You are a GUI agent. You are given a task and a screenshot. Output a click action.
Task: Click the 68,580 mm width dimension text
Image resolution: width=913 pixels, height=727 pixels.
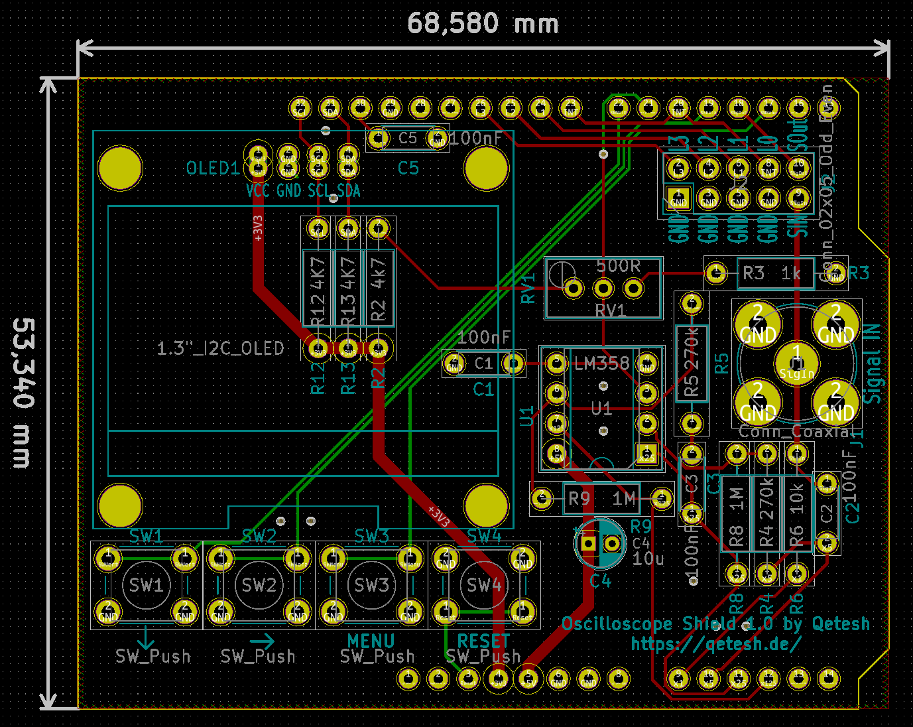click(483, 24)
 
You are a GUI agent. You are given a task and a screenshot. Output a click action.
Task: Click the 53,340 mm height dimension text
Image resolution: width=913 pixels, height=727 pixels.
click(24, 393)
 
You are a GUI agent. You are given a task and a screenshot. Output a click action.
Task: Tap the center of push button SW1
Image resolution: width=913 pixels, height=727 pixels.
click(147, 585)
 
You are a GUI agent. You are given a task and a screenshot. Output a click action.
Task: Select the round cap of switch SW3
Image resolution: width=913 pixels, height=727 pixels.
click(371, 585)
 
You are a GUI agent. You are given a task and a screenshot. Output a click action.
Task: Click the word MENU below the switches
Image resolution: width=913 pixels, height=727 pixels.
click(371, 641)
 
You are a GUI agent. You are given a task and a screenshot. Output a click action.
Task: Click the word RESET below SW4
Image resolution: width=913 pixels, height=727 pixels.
click(483, 641)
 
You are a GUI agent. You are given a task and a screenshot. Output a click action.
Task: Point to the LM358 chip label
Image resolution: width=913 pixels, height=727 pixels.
click(601, 363)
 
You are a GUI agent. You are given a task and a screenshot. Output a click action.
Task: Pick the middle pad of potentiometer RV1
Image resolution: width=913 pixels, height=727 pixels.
click(603, 289)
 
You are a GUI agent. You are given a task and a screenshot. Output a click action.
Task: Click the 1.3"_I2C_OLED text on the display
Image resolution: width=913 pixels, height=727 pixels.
click(220, 349)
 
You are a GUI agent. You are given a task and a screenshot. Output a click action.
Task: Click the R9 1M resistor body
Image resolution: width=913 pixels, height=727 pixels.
click(601, 498)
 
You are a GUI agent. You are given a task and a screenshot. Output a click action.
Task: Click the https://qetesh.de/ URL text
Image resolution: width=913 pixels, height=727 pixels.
click(715, 643)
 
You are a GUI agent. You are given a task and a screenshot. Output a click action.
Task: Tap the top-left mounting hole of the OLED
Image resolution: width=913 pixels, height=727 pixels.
click(120, 168)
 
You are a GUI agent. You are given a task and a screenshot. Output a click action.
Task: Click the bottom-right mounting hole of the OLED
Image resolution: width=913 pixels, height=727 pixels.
click(486, 506)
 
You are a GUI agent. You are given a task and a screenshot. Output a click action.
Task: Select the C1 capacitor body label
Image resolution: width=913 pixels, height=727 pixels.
click(484, 363)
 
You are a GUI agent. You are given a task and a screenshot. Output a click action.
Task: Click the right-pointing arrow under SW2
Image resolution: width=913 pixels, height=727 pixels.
click(261, 641)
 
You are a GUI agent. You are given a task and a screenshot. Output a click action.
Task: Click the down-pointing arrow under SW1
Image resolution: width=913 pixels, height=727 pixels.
click(145, 639)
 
